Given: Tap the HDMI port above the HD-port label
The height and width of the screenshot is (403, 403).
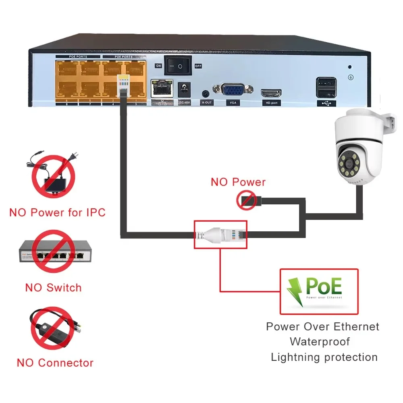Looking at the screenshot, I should [x=271, y=93].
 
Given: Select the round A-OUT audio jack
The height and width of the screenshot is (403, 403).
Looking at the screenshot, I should [x=206, y=93].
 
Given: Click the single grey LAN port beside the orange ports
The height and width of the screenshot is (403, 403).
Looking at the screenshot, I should [x=161, y=88].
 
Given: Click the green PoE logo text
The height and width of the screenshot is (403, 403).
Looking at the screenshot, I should [x=324, y=286].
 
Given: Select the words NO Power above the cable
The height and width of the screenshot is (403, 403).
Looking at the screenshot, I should [x=238, y=182].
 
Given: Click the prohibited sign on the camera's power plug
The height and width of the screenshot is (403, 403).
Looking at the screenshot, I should [x=246, y=200].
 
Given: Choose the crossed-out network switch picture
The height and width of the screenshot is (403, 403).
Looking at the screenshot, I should [x=53, y=253].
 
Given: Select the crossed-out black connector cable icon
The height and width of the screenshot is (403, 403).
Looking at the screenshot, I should [x=53, y=328].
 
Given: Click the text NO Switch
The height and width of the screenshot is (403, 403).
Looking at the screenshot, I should [x=53, y=288].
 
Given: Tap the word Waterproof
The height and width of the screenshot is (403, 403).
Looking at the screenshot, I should [x=320, y=342].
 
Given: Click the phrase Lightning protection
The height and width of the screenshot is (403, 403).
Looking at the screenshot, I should [x=324, y=357].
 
